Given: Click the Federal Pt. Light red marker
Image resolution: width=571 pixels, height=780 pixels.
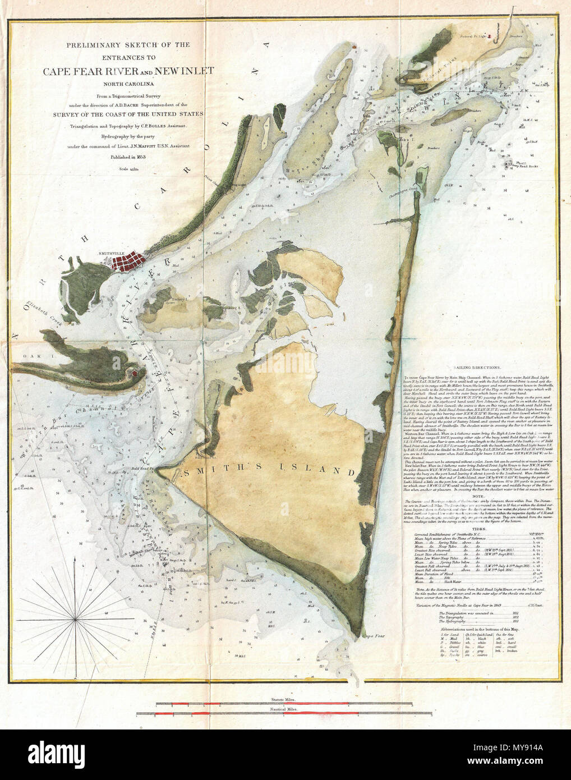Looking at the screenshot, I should tap(490, 36).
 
